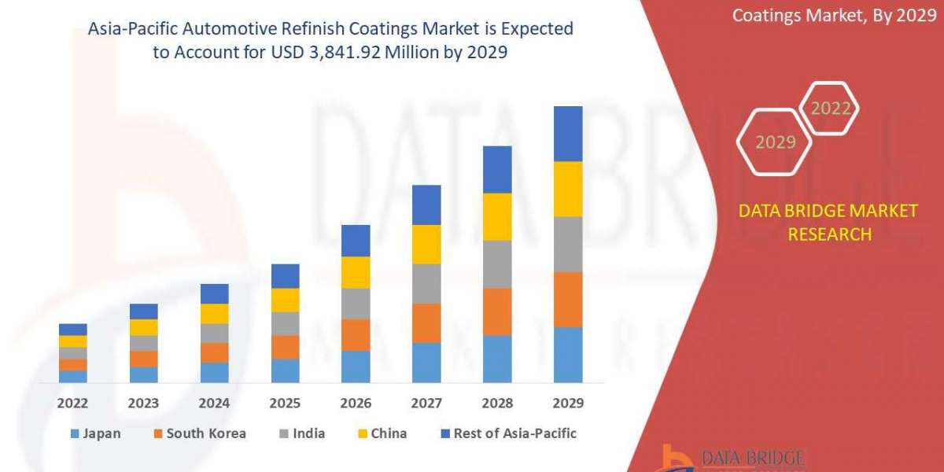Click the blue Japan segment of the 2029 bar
[568, 355]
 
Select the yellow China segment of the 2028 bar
[497, 216]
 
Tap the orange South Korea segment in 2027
[426, 323]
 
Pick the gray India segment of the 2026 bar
[356, 304]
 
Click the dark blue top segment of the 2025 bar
[285, 276]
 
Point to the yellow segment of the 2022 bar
[73, 341]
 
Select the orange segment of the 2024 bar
[214, 352]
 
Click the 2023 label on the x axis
[143, 403]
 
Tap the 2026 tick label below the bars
[356, 403]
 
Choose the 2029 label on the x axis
[568, 403]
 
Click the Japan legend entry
[95, 433]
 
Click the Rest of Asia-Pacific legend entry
[503, 433]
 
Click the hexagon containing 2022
[830, 109]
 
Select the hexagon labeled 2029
[774, 142]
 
